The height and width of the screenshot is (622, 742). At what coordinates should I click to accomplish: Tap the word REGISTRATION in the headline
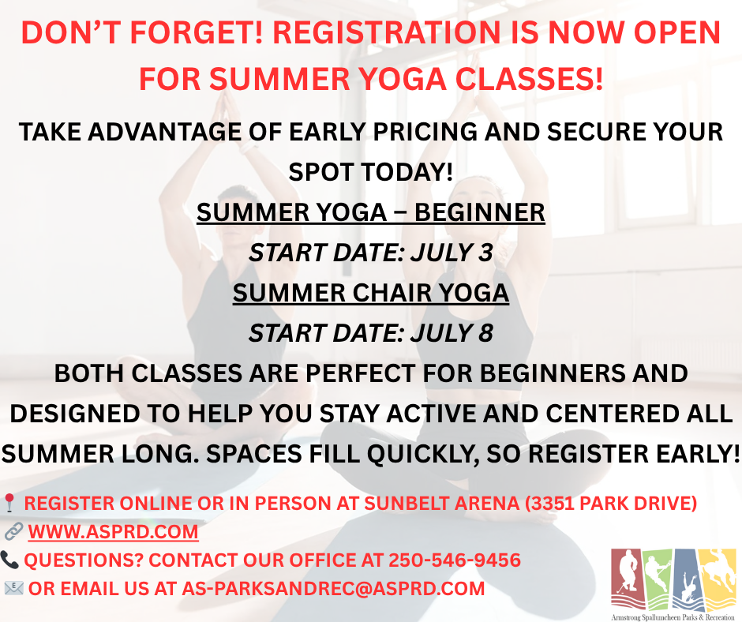coord(386,32)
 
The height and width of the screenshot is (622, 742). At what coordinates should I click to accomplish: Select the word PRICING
coord(425,132)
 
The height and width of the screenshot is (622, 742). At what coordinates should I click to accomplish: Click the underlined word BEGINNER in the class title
coord(479,212)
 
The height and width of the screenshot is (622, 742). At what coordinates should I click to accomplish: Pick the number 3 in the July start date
coord(485,253)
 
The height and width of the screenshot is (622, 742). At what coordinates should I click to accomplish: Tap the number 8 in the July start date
coord(485,333)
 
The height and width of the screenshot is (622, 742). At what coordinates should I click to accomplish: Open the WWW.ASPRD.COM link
coord(113,531)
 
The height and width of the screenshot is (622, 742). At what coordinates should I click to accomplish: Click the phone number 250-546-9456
coord(455,560)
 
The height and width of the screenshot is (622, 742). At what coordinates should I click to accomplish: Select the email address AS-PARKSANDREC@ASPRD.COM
coord(334,588)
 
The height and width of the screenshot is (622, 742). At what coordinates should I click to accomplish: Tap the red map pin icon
coord(9,503)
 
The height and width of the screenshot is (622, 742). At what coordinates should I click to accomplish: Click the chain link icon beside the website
coord(13,531)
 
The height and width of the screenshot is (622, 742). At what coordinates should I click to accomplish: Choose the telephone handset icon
coord(9,560)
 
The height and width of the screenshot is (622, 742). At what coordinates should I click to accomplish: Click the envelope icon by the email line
coord(13,588)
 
